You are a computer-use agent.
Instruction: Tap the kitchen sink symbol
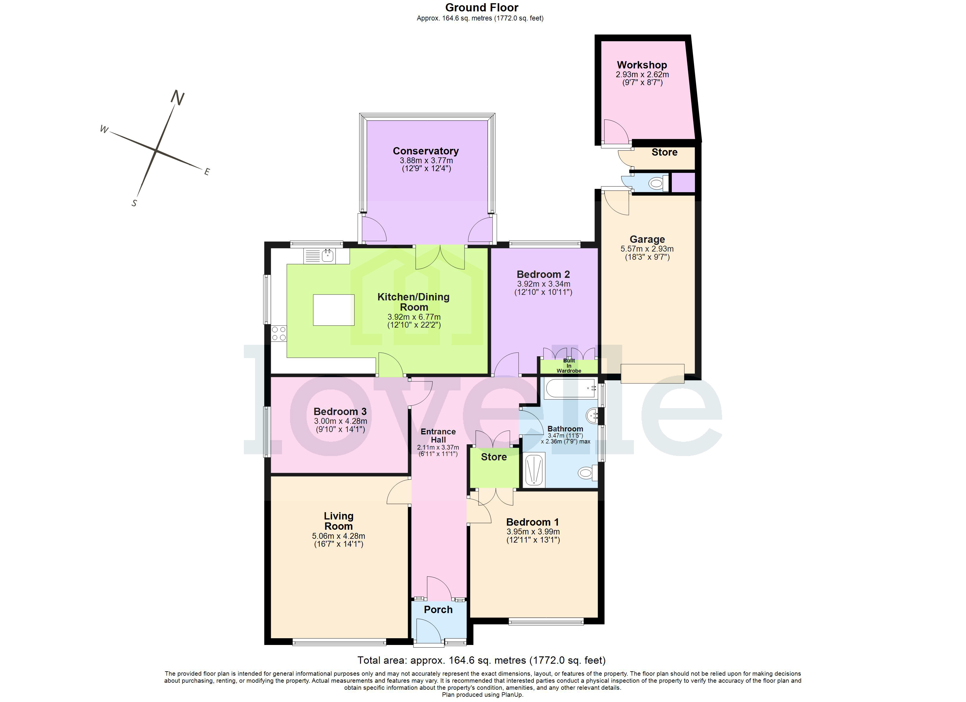(327, 256)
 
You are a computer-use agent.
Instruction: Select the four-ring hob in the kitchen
(279, 333)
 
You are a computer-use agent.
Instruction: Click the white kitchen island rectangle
(333, 310)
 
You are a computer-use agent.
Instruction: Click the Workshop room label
(642, 65)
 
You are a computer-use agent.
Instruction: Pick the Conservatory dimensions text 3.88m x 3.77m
(426, 161)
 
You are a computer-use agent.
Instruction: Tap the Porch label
(438, 610)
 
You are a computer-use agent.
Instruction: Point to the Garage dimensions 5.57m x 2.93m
(647, 249)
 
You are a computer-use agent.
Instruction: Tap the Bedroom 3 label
(340, 412)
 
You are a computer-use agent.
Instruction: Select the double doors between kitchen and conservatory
(440, 258)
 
